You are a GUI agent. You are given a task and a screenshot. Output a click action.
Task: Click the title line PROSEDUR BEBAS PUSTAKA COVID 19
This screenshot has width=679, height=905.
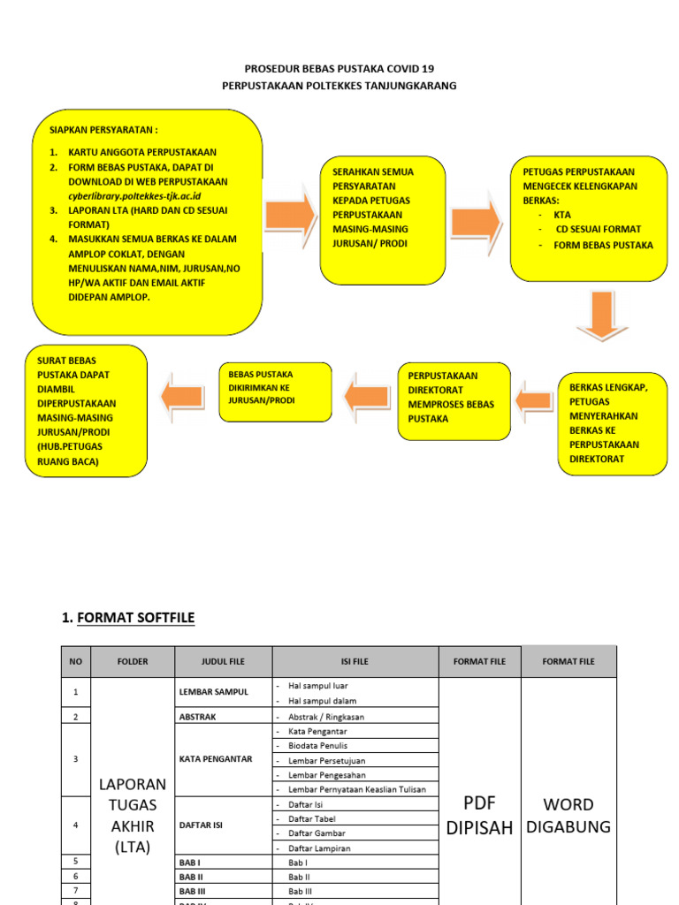pos(339,68)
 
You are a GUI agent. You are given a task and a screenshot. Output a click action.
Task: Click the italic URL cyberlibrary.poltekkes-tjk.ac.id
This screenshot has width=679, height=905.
pos(134,195)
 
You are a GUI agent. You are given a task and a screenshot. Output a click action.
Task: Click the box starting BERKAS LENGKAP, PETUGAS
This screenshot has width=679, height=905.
pos(611,423)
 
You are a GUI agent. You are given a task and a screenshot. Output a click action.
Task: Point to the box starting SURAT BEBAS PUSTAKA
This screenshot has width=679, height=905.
pos(87,410)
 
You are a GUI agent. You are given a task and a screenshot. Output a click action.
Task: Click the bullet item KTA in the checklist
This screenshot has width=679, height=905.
pos(562,215)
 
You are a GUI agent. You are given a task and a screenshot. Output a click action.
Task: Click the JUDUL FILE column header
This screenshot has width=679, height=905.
pos(223,661)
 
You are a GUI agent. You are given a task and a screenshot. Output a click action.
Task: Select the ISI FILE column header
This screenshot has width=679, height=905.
pos(355,661)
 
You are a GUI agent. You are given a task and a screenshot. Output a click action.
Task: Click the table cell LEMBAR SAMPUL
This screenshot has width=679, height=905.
pos(214,691)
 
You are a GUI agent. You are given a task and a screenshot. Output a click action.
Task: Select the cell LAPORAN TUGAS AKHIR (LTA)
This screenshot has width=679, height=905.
pos(133,816)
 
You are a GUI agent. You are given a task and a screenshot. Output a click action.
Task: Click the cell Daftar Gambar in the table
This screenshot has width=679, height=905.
pos(317,833)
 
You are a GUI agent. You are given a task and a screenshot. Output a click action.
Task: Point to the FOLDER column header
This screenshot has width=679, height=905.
pos(133,661)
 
